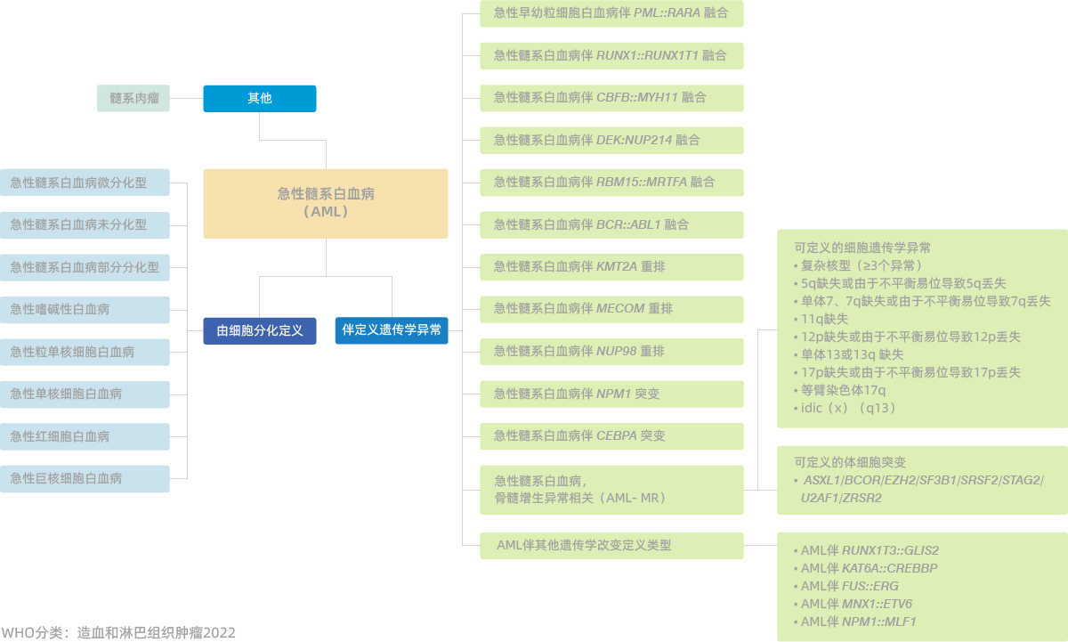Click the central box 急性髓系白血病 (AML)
(x=326, y=204)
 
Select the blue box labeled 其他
(x=260, y=99)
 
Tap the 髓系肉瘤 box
(x=133, y=98)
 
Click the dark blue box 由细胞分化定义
(x=260, y=330)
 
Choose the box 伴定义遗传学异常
(x=392, y=330)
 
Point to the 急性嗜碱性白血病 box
(x=85, y=310)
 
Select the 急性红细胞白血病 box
(x=85, y=436)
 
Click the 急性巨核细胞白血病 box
(x=85, y=478)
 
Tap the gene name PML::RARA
(x=667, y=12)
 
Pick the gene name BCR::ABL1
(x=628, y=224)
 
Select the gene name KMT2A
(x=617, y=266)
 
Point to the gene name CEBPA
(x=617, y=436)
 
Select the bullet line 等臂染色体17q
(x=839, y=391)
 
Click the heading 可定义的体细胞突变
(x=850, y=462)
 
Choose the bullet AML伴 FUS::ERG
(x=845, y=586)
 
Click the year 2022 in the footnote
(x=220, y=633)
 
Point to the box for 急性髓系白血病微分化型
(x=85, y=183)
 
